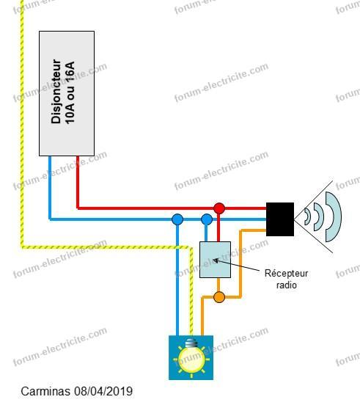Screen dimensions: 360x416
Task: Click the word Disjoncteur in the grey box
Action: pyautogui.click(x=56, y=91)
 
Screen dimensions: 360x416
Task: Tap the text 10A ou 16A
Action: pyautogui.click(x=70, y=93)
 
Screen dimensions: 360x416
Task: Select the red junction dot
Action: pyautogui.click(x=219, y=208)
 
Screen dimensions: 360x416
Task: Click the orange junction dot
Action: pyautogui.click(x=219, y=297)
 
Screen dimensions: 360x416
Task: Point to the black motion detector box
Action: pyautogui.click(x=280, y=219)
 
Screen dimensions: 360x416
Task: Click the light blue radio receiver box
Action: pyautogui.click(x=215, y=260)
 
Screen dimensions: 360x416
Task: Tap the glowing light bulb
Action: pyautogui.click(x=191, y=359)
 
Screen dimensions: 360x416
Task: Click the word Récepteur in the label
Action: pyautogui.click(x=286, y=273)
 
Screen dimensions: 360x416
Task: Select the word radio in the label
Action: pyautogui.click(x=286, y=285)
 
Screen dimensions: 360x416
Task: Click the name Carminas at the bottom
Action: pyautogui.click(x=45, y=391)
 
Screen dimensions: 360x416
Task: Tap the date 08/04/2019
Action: pyautogui.click(x=103, y=391)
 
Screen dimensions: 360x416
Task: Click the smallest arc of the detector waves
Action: pyautogui.click(x=308, y=216)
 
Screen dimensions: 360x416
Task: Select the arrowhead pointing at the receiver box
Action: pyautogui.click(x=216, y=260)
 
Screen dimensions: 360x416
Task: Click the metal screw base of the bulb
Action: pyautogui.click(x=191, y=343)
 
